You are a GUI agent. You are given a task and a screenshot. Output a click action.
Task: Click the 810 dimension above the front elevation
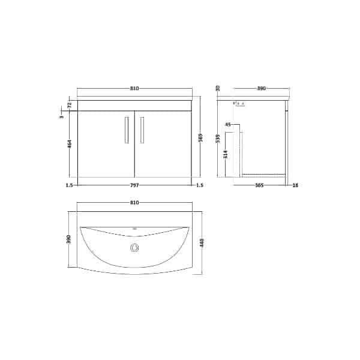134,89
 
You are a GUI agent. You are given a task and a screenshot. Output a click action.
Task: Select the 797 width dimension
134,185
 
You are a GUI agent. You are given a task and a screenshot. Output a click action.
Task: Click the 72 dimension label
70,105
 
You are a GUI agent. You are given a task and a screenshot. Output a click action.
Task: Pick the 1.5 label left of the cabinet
70,185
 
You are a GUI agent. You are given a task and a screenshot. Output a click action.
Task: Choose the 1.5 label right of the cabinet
200,185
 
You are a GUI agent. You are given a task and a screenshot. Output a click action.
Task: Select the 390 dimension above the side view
261,89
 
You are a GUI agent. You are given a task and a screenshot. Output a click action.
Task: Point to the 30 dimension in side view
218,88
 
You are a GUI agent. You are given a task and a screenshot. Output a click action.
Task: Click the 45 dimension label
227,124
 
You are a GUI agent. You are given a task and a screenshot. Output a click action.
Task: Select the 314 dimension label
226,154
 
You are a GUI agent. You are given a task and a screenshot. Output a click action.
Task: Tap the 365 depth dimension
259,185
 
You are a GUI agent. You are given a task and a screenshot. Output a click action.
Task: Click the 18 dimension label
295,185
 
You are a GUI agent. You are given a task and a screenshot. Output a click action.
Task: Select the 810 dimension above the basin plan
134,203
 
